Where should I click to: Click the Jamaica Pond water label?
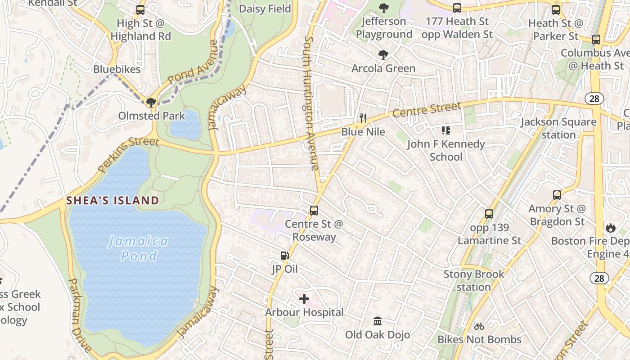[x=139, y=248]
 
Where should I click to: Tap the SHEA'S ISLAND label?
[x=112, y=200]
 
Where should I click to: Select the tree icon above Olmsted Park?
[x=151, y=102]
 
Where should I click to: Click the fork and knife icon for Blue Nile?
[x=363, y=118]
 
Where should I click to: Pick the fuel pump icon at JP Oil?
[x=284, y=256]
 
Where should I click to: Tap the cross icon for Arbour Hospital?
[x=304, y=298]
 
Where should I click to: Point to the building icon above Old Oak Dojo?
[x=378, y=321]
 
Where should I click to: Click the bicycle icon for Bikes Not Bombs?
[x=479, y=326]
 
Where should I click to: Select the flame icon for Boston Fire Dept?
[x=610, y=228]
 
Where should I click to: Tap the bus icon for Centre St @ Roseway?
[x=314, y=210]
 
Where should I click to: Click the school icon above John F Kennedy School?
[x=446, y=130]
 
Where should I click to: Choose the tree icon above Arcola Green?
[x=383, y=55]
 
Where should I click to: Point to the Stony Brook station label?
[x=474, y=280]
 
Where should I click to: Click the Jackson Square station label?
[x=558, y=128]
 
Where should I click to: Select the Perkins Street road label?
[x=128, y=154]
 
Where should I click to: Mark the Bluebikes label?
[x=117, y=69]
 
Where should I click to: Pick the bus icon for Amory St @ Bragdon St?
[x=557, y=195]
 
